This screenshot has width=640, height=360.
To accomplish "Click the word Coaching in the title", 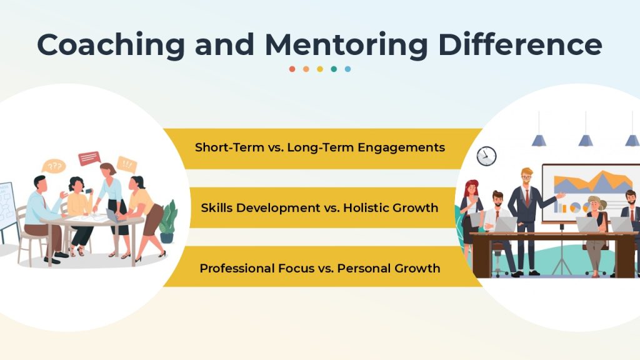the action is point(111,45).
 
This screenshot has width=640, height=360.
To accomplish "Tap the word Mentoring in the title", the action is point(346,45).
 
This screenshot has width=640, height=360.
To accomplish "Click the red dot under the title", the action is point(292,69).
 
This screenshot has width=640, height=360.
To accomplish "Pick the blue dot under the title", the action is point(347,69).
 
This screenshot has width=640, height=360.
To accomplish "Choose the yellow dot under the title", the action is point(320,69).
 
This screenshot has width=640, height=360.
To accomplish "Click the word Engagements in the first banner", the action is point(401,147).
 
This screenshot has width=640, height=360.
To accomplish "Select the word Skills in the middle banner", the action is point(217,207).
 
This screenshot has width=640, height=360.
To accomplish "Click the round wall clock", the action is point(486,156).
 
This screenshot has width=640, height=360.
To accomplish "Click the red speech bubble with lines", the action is point(89,158).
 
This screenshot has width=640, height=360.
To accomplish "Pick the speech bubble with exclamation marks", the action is point(127,164).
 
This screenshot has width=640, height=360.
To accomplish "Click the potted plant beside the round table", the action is point(167,222).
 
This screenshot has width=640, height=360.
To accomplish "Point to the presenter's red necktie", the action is point(527,197).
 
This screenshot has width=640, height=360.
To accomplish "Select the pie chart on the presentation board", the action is point(576,207).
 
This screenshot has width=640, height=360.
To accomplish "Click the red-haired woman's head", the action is point(471,187).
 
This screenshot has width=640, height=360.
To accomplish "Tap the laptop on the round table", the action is point(112,215).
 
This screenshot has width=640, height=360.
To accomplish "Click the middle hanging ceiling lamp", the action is point(586,141).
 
